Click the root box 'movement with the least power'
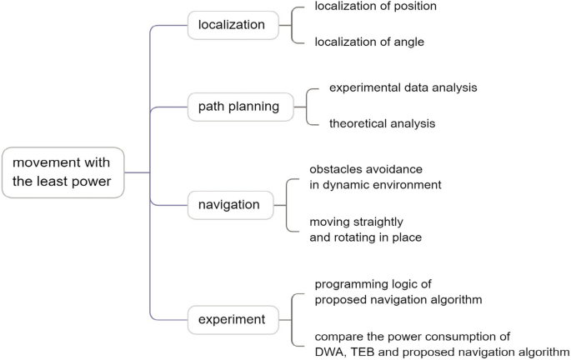coord(63,172)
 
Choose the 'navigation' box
coord(229,203)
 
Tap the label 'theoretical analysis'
coord(382,124)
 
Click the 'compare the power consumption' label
coord(412,337)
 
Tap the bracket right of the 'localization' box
coord(293,25)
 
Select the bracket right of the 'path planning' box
coord(308,107)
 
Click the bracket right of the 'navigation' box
coord(286,203)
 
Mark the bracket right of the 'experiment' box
coord(293,318)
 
